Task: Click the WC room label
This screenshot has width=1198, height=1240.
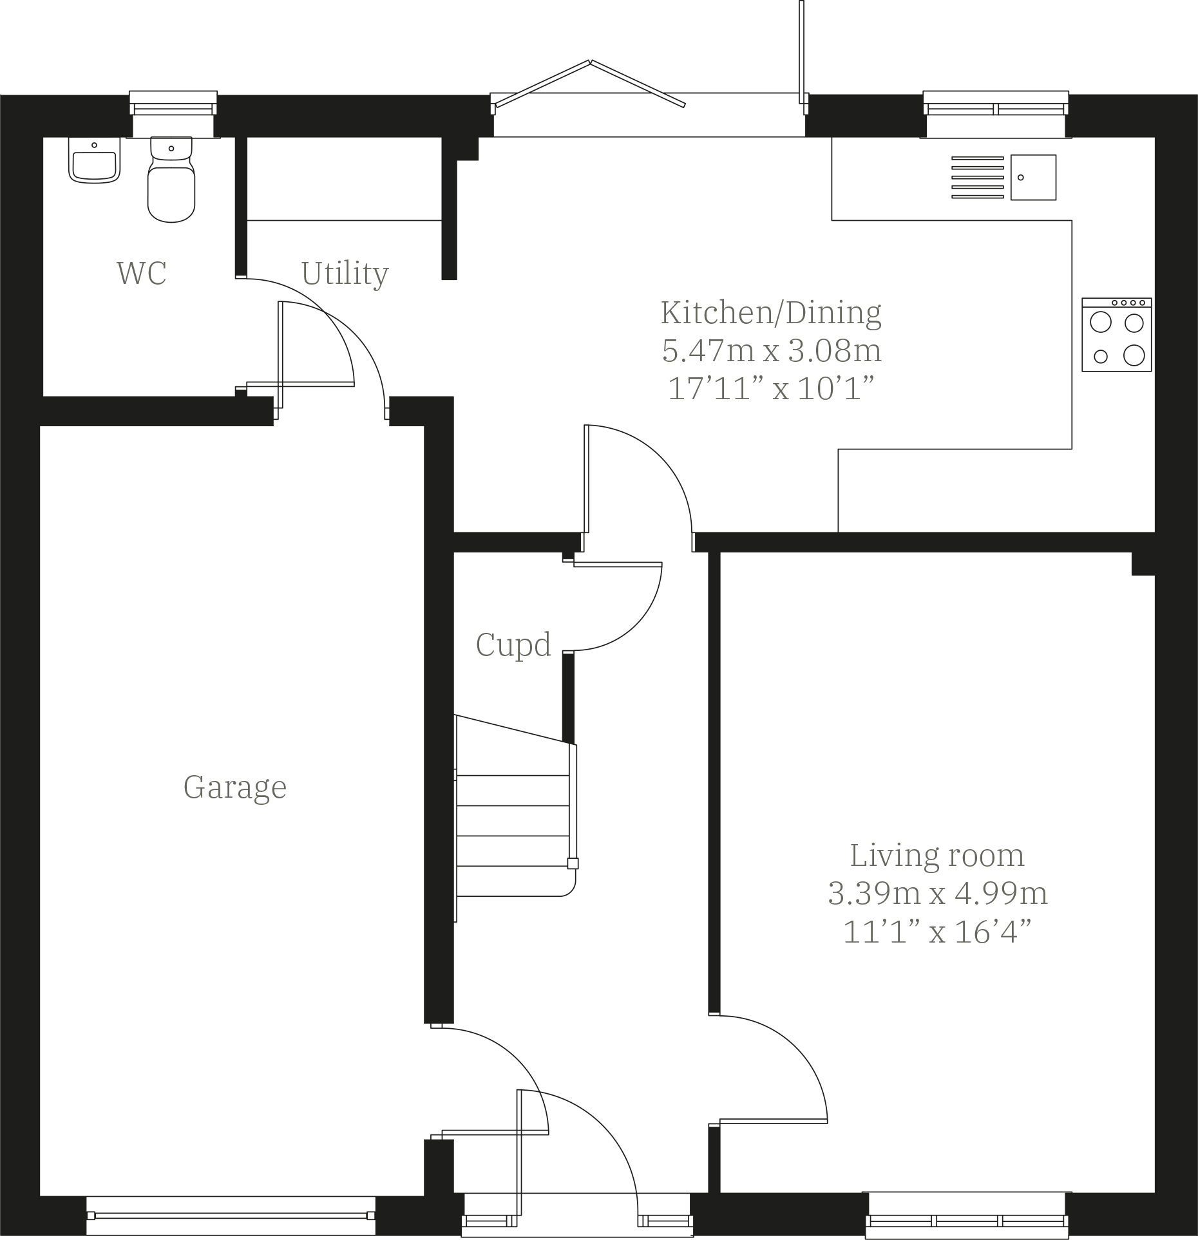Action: coord(142,273)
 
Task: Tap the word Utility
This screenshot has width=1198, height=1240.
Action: coord(345,274)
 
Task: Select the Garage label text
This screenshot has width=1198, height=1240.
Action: coord(235,787)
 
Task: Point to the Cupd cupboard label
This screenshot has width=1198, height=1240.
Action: coord(513,644)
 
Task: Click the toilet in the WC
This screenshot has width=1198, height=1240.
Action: coord(171,183)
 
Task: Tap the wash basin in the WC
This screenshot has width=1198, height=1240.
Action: coord(95,164)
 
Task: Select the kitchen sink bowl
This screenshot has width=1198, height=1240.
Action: coord(1033,177)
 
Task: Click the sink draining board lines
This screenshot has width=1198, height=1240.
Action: coord(977,177)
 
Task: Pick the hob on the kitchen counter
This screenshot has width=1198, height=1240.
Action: coord(1116,335)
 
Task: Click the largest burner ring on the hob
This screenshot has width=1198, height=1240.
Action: coord(1134,355)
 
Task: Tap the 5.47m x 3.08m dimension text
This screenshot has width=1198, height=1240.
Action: coord(772,351)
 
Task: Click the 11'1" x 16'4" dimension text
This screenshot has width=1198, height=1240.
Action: coord(937,932)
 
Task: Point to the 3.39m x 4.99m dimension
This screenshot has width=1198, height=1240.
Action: coord(937,894)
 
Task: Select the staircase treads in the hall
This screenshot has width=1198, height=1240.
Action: coord(513,821)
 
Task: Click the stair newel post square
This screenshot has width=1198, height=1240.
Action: coord(572,864)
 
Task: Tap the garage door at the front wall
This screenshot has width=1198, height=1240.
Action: coord(231,1216)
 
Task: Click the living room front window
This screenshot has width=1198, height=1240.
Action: coord(967,1216)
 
